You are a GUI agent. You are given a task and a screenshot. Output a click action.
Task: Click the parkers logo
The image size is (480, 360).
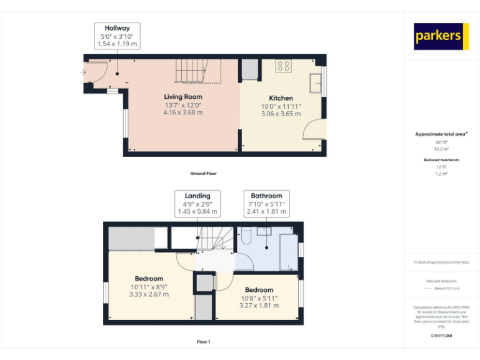coord(441,36)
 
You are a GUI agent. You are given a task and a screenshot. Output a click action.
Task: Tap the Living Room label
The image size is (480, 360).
coord(183,97)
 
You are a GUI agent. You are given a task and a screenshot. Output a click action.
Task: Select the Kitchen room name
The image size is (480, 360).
coord(281,98)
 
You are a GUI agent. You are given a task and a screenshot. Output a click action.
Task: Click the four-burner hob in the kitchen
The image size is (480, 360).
coord(283,66)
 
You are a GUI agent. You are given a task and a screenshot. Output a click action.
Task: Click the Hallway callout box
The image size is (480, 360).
coord(117,36)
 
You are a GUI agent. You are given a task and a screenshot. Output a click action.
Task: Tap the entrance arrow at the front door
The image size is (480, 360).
coord(83,72)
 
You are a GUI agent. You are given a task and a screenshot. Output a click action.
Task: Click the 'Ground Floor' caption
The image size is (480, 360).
coord(203,173)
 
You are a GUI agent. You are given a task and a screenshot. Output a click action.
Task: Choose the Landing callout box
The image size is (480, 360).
coord(197,204)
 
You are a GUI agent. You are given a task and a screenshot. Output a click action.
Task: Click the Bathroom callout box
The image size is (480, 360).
coord(266,204)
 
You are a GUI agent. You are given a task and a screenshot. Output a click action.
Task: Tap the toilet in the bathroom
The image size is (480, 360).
coord(246,237)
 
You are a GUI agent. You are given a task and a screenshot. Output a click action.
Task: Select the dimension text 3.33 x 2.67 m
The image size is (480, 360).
coord(149,294)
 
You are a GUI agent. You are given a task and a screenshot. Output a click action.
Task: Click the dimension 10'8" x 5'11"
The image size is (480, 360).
coord(259,298)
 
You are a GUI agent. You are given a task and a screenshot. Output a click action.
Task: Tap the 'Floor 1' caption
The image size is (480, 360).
coord(203,342)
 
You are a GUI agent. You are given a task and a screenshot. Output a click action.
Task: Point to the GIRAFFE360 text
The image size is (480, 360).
coord(441,336)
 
